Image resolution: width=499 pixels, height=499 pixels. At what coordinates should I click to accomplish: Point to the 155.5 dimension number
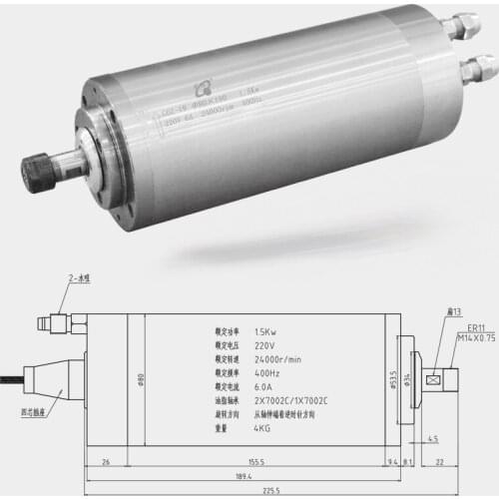tap(257, 462)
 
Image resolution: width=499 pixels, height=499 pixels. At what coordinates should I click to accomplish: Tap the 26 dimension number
tap(106, 462)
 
